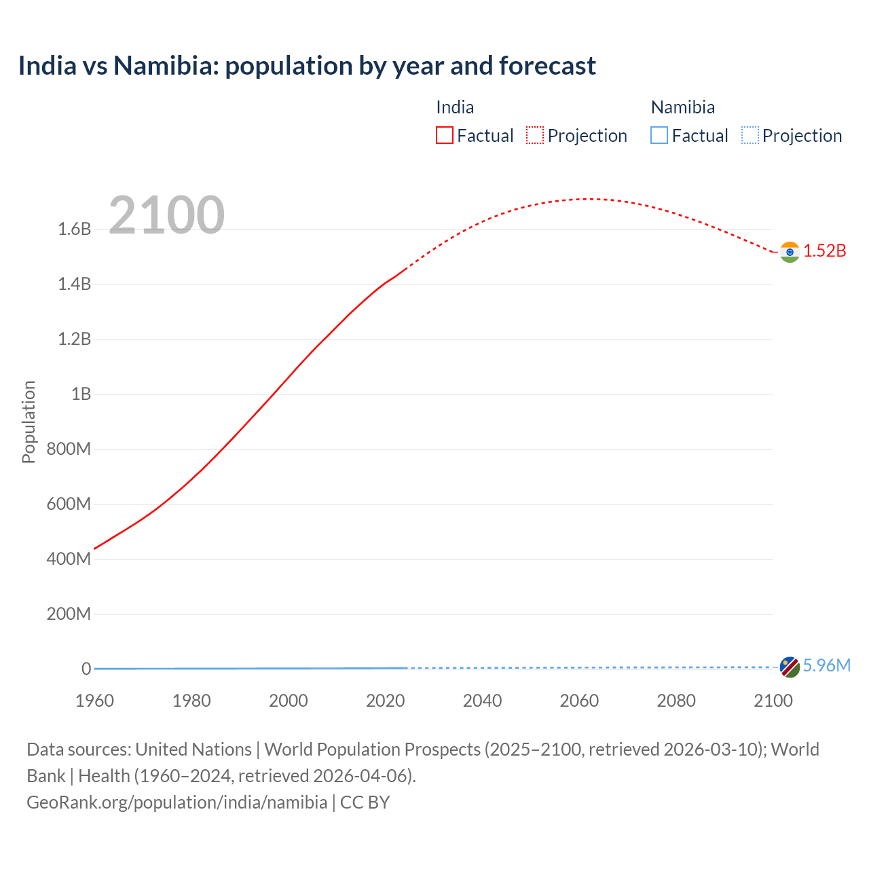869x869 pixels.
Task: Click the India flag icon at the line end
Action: [789, 252]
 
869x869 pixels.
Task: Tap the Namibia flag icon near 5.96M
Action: [789, 667]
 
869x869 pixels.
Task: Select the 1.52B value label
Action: [825, 251]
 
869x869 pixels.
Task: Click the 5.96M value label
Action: [826, 665]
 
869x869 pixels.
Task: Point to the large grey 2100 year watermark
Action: [166, 215]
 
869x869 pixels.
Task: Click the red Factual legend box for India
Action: [444, 135]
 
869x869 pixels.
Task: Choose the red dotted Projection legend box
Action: [535, 135]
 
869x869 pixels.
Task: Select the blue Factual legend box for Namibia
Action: [659, 135]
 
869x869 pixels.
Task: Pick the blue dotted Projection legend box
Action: [750, 135]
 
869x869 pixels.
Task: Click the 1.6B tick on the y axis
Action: [75, 229]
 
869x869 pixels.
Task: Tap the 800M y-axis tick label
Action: [69, 449]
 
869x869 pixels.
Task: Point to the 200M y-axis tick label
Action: [69, 614]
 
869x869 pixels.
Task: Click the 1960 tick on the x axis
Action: [94, 701]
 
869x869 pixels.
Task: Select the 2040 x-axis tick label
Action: [482, 701]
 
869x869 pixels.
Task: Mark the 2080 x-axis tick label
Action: [676, 701]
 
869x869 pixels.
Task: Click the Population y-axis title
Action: [29, 422]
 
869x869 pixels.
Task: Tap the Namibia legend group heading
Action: [682, 107]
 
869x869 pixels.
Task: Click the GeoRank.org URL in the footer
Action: [177, 802]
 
